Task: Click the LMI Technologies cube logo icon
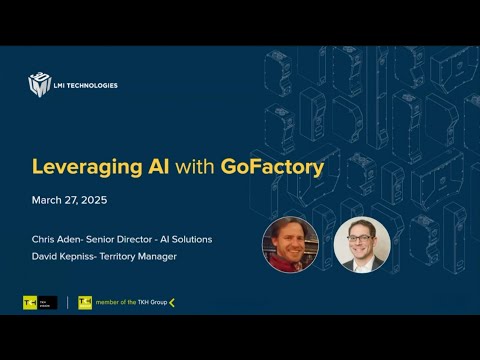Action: click(x=39, y=84)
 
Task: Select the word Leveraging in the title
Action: click(x=81, y=167)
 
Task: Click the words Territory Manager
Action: click(x=142, y=257)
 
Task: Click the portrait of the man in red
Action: click(x=290, y=245)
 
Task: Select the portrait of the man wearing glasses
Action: click(x=361, y=245)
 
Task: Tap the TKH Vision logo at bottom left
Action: click(x=39, y=303)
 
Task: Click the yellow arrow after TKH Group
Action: click(x=172, y=303)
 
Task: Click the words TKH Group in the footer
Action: click(x=153, y=303)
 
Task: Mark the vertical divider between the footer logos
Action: click(x=68, y=303)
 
